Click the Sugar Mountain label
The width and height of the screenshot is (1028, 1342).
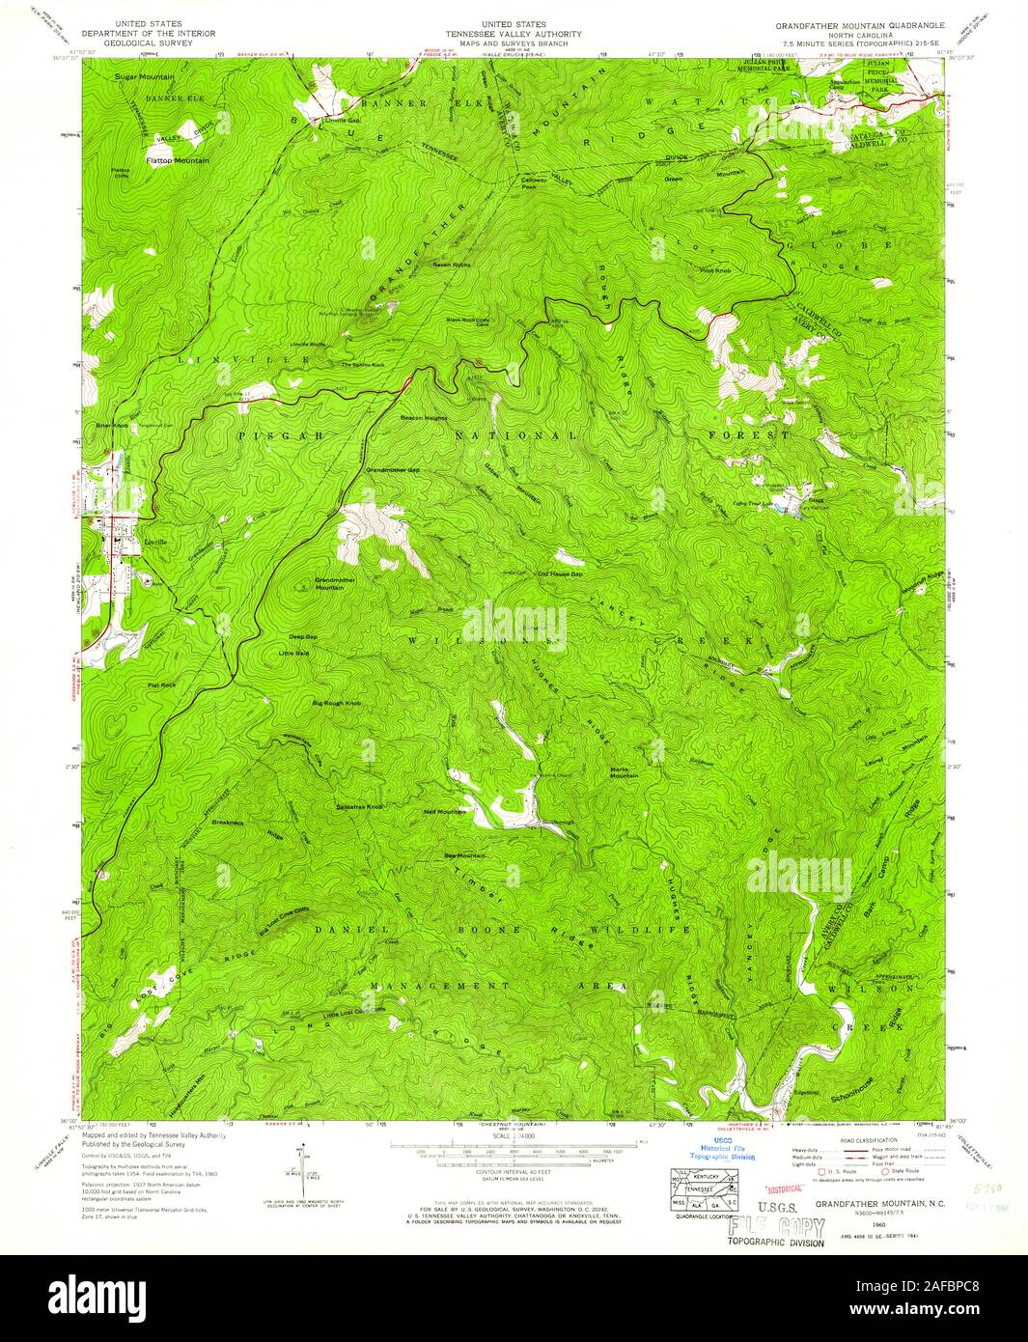(x=144, y=76)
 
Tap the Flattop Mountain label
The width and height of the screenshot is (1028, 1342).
(x=177, y=159)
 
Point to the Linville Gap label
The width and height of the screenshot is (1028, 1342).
(x=341, y=121)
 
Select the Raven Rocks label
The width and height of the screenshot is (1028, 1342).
(x=449, y=265)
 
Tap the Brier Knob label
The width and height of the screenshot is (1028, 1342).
(x=112, y=425)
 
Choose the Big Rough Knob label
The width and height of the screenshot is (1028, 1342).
(x=336, y=704)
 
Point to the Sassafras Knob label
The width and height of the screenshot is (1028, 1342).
(x=359, y=805)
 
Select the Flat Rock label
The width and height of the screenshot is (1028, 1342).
(x=160, y=685)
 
